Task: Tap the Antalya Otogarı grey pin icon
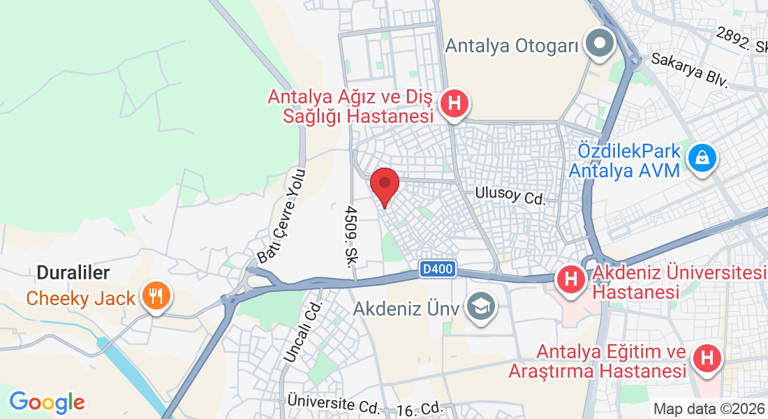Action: pyautogui.click(x=599, y=43)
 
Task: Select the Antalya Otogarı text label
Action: pyautogui.click(x=512, y=46)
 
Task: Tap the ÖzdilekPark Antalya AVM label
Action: pyautogui.click(x=624, y=160)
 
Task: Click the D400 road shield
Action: pyautogui.click(x=438, y=267)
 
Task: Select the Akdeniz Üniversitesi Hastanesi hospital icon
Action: pyautogui.click(x=571, y=280)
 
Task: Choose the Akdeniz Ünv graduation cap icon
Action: pyautogui.click(x=480, y=306)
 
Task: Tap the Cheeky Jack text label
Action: pyautogui.click(x=80, y=298)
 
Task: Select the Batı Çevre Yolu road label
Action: pyautogui.click(x=281, y=216)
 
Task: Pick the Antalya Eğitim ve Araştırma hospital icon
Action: pyautogui.click(x=707, y=359)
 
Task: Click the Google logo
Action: pyautogui.click(x=47, y=402)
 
